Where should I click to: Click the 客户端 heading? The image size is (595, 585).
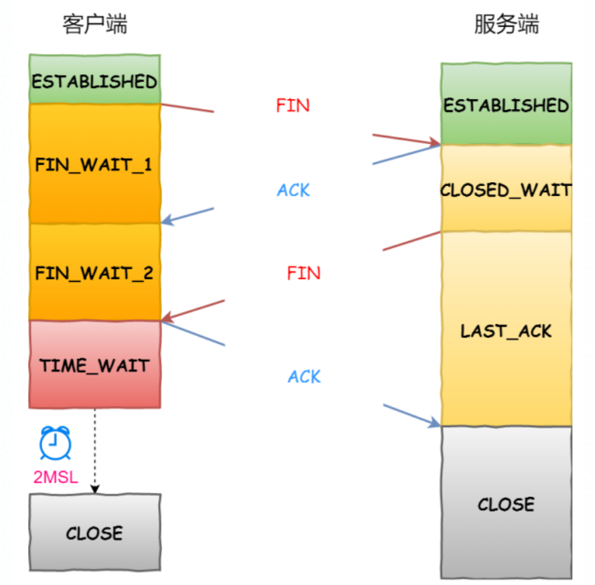(94, 25)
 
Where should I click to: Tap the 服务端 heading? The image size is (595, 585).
(506, 25)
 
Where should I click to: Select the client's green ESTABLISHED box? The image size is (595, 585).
(94, 81)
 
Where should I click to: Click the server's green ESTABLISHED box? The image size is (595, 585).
(506, 105)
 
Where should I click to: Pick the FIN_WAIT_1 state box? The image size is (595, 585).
(94, 165)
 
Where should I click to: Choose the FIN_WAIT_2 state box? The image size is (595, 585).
(94, 273)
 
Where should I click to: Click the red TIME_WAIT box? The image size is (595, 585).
(94, 365)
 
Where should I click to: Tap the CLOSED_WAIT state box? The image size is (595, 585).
(506, 190)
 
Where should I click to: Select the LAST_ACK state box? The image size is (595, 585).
(506, 330)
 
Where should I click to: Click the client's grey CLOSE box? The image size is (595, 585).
(94, 533)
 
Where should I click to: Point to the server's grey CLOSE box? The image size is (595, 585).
(506, 503)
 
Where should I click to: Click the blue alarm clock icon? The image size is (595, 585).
(56, 442)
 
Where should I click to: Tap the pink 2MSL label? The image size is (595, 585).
(56, 477)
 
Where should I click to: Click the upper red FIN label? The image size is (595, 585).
(293, 105)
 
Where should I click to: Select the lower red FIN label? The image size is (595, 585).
(304, 273)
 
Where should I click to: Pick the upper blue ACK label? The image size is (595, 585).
(293, 190)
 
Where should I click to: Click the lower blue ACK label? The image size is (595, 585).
(304, 377)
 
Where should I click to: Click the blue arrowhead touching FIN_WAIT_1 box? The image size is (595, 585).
(167, 220)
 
